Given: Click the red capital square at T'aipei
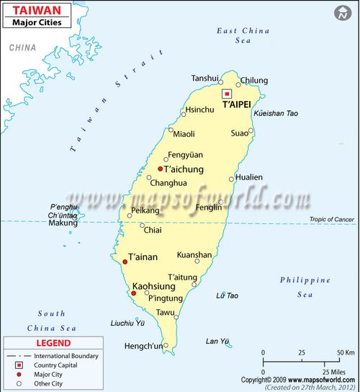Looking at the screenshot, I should tap(227, 94).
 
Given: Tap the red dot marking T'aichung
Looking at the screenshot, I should tap(160, 169).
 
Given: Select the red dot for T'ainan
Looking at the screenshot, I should tap(125, 262).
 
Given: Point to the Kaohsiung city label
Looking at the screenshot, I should tap(154, 286).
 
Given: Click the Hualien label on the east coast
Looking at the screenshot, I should tap(249, 177).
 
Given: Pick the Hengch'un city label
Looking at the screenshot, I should tap(143, 346).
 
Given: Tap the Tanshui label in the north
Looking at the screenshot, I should tap(204, 79).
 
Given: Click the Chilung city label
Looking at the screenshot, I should tap(253, 81).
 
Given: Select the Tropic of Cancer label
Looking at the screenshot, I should tap(332, 219).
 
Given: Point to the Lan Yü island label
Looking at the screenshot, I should tap(217, 341).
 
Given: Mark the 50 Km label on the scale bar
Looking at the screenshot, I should tap(346, 352).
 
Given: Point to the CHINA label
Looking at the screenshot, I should tap(22, 48).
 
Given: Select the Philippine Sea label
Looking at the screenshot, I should tap(305, 287).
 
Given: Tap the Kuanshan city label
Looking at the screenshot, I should tap(194, 254).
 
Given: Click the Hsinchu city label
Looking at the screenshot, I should tap(200, 110).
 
